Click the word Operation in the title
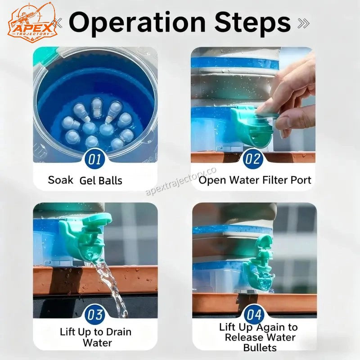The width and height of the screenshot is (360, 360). pos(137,23)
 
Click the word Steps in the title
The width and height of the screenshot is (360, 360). pos(253,22)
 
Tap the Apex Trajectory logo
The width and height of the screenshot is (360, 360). pos(32,22)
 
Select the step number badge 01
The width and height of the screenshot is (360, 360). pos(94,159)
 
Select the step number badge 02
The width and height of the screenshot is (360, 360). pos(253,159)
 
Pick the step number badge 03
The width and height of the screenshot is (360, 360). pos(94,315)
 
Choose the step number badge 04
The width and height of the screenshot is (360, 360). pos(254,315)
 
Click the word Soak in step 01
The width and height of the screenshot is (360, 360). pos(61,180)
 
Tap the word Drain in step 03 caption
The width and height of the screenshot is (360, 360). pos(118,332)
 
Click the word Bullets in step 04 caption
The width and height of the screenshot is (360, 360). pos(260,347)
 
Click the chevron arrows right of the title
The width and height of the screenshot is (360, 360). pos(303,23)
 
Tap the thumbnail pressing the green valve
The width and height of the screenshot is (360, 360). pos(253,105)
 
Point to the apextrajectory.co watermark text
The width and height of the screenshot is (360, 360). pos(181,181)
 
